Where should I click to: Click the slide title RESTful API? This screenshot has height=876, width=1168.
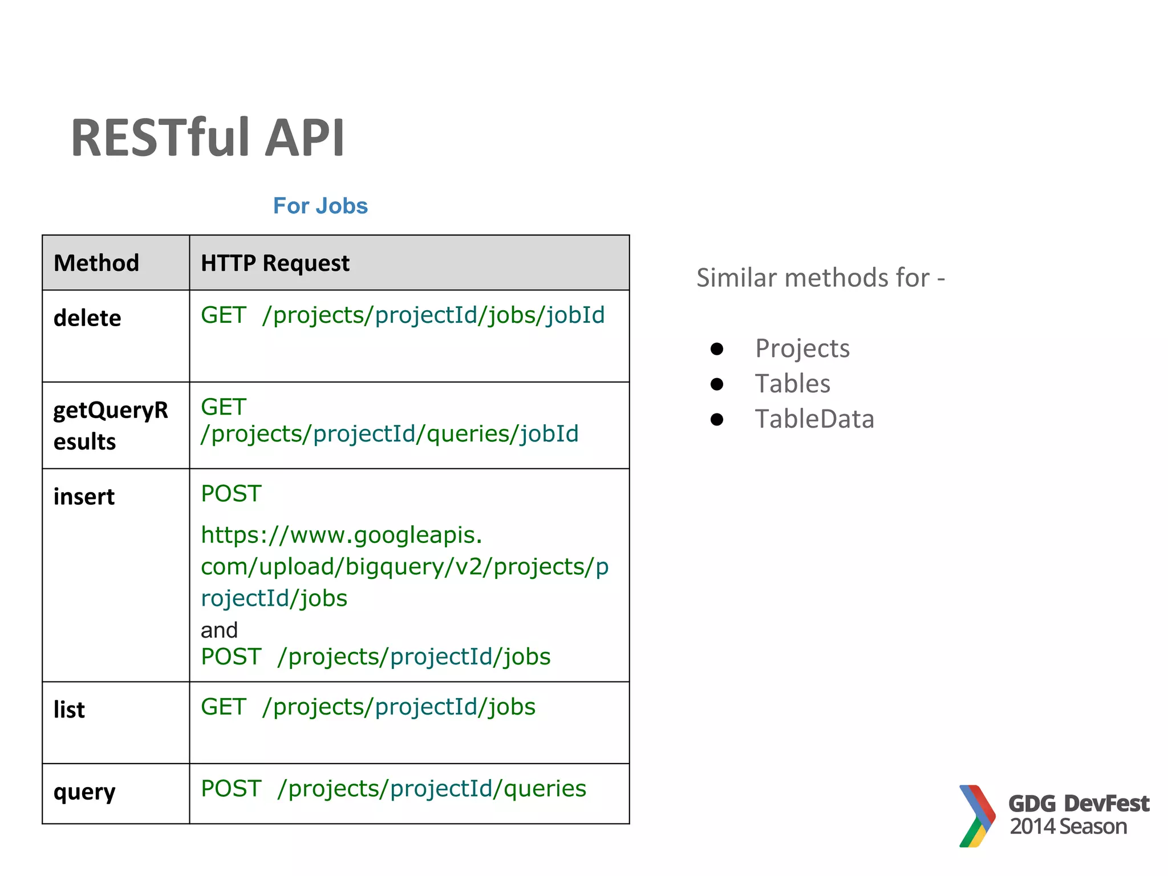click(x=208, y=137)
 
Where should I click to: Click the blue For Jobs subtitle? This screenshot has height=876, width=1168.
click(x=320, y=206)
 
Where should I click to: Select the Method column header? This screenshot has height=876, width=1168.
click(x=96, y=263)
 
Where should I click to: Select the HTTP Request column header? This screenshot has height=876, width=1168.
click(x=275, y=263)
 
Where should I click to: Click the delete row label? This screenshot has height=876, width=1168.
click(x=87, y=318)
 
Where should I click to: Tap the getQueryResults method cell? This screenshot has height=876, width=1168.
click(x=111, y=425)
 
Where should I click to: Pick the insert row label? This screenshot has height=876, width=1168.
click(x=84, y=496)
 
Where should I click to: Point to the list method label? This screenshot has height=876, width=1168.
click(x=69, y=709)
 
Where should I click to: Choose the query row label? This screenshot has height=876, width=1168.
click(x=84, y=792)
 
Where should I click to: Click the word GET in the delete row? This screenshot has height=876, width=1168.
click(x=223, y=315)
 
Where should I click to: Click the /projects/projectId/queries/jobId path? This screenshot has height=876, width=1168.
click(x=390, y=433)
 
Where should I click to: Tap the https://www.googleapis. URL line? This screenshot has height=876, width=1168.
click(x=341, y=535)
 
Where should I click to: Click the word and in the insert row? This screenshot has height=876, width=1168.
click(x=219, y=630)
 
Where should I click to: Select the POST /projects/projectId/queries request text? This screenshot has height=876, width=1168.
click(x=394, y=788)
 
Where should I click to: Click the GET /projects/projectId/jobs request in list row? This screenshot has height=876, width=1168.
click(x=368, y=707)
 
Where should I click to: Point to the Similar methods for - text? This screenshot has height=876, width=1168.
click(x=820, y=278)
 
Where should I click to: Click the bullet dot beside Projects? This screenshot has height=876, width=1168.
click(x=717, y=348)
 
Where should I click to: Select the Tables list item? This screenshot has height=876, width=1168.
click(x=792, y=383)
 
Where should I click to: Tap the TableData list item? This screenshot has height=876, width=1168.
click(x=814, y=419)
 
